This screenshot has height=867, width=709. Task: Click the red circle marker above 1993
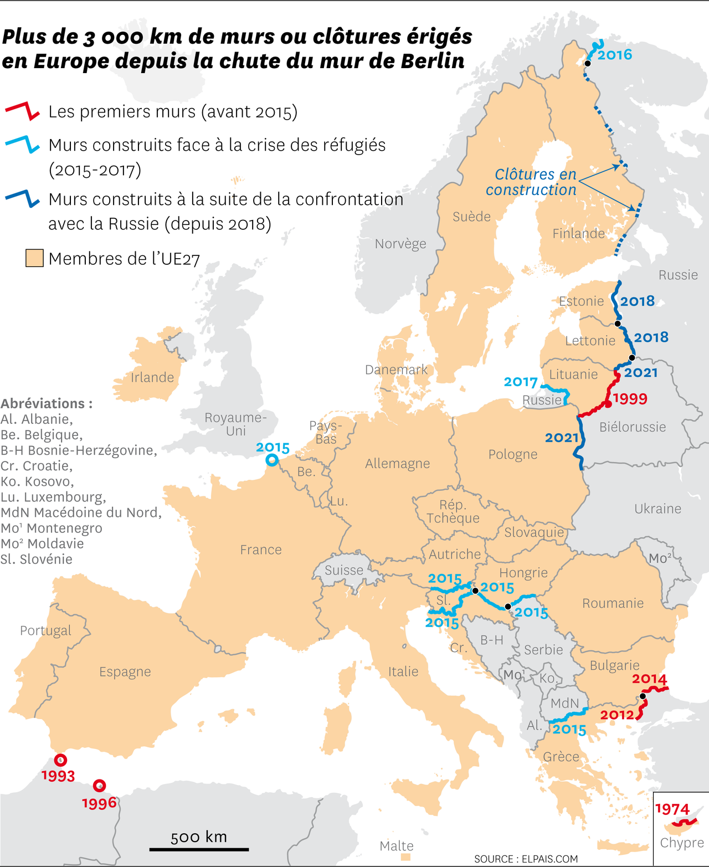pos(60,760)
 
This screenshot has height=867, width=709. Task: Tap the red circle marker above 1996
pos(100,785)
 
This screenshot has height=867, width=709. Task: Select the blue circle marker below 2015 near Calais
pos(272,460)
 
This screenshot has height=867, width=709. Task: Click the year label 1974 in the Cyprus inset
pos(672,809)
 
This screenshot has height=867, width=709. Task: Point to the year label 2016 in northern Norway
pos(614,55)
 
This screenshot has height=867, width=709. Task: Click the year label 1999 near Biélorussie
pos(630,399)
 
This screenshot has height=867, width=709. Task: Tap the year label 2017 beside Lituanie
pos(521,382)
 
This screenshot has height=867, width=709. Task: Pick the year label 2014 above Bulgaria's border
pos(649,679)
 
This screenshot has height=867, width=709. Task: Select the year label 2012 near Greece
pos(617,715)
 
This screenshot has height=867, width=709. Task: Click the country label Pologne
pos(513,455)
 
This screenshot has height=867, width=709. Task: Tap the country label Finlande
pos(578,234)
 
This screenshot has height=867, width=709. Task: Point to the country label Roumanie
pos(613,603)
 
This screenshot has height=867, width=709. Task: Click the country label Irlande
pos(152,378)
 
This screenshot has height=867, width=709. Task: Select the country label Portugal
pos(45,630)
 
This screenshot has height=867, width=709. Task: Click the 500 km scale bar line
pos(199,849)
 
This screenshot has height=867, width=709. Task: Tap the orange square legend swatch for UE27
pos(34,258)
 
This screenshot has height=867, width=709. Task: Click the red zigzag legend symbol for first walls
pos(22,111)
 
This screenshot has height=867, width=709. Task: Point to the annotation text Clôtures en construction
pos(531,182)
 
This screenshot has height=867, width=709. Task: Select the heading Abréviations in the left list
pos(47,403)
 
